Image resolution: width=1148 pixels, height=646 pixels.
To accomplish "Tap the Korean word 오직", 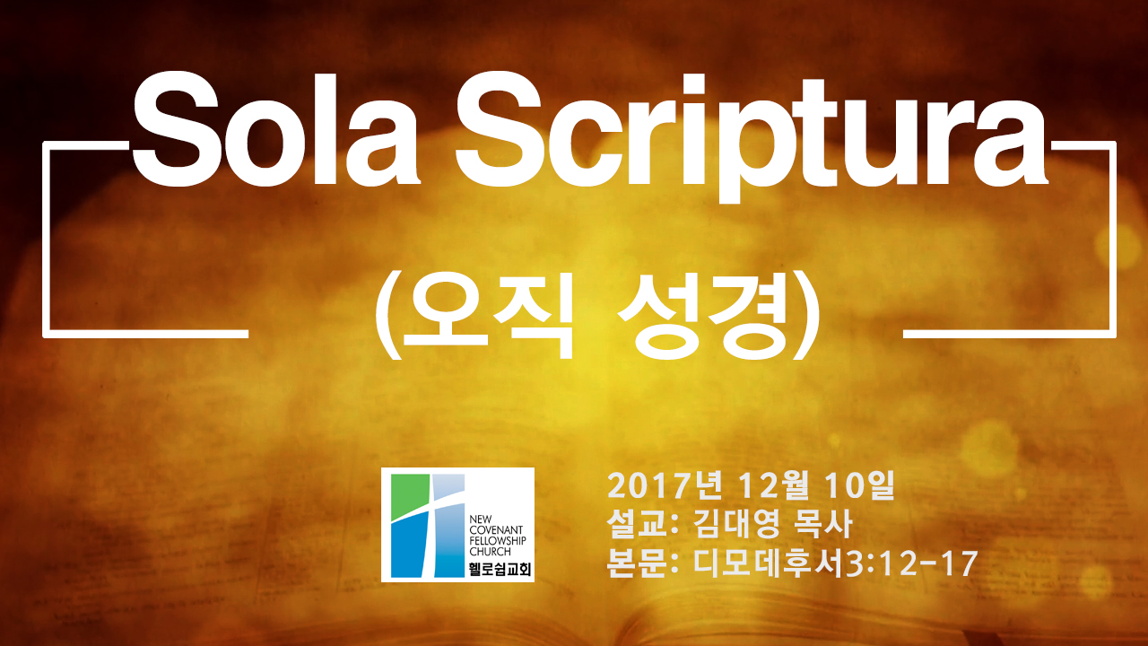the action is click(489, 317).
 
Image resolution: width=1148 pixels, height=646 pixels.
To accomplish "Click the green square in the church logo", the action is click(410, 495).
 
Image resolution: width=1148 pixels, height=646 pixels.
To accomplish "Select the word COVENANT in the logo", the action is click(496, 529).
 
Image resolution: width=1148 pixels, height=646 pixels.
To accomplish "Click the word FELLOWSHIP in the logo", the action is click(498, 540).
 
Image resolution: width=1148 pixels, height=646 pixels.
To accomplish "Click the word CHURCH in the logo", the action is click(490, 552).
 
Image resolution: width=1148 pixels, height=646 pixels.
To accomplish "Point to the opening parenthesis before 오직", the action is click(387, 318).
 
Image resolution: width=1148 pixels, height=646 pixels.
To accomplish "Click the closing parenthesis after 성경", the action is click(806, 318).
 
